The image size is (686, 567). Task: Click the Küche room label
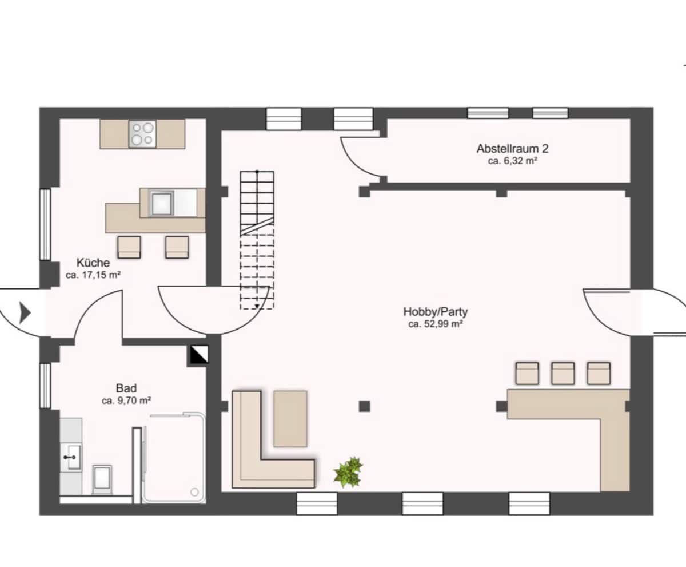coord(93,263)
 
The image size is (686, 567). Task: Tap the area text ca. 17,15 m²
coord(93,275)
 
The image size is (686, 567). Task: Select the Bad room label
coord(126,388)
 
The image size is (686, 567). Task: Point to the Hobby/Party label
coord(435,311)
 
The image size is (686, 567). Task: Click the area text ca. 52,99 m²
coord(436,324)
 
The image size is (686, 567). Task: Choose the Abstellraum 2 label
coord(513,149)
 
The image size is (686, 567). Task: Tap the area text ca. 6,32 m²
coord(513,161)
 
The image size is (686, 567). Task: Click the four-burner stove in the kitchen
coord(142,134)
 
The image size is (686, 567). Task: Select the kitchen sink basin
coord(161,204)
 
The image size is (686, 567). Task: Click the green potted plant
coord(349,471)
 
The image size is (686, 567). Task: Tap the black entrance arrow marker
coord(25,313)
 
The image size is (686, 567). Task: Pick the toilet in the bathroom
coord(102,479)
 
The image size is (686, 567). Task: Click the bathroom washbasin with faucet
coord(71,457)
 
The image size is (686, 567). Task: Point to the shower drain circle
coord(194,493)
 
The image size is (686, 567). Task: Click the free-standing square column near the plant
coord(364,406)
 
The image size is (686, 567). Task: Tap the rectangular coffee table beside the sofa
coord(290,419)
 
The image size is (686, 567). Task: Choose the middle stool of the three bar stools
coord(563,374)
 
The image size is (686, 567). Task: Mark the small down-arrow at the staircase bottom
coord(257,306)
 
